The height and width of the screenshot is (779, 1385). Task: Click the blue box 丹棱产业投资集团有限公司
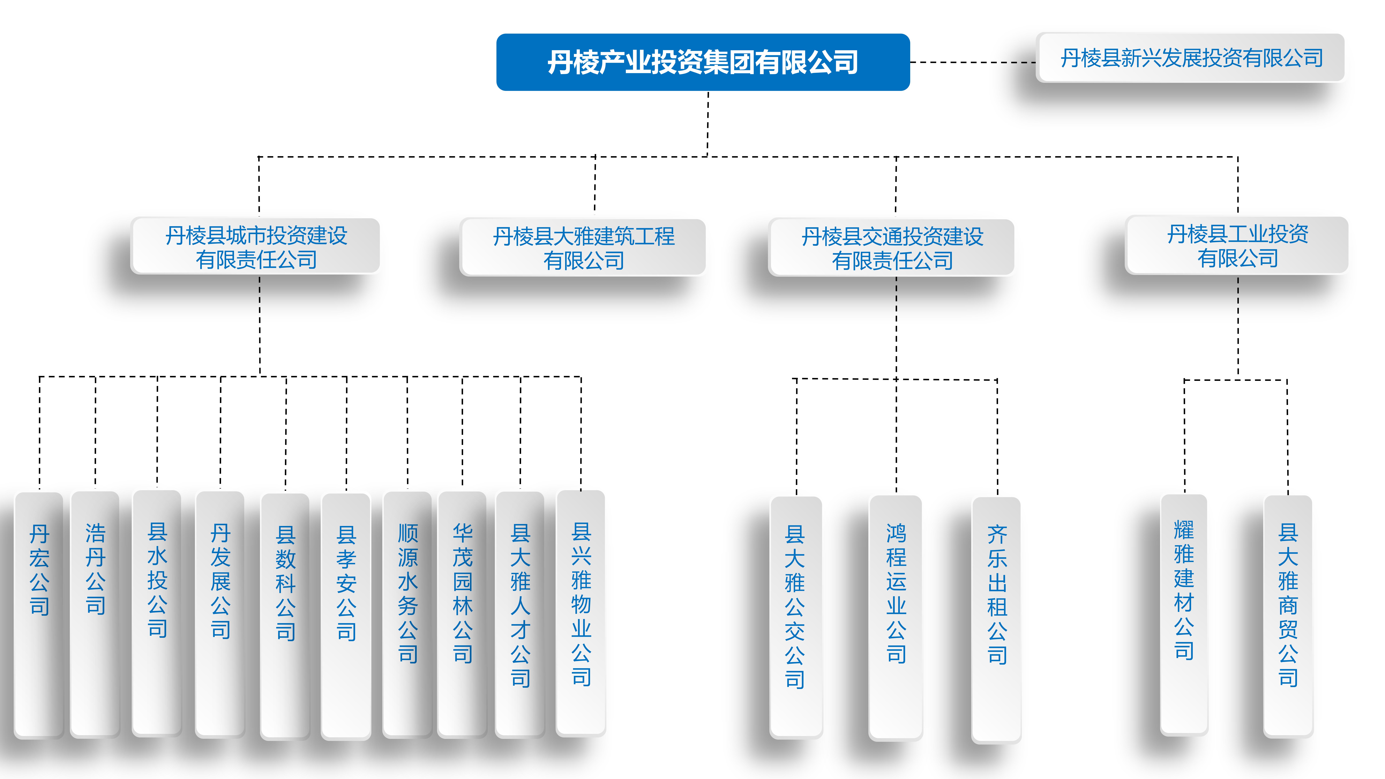click(703, 62)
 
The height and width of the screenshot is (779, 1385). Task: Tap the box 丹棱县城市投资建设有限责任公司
click(256, 247)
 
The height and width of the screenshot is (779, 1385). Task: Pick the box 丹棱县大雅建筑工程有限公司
click(583, 248)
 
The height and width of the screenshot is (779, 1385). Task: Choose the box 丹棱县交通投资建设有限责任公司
click(892, 248)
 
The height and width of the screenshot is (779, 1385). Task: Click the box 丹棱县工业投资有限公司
click(1237, 246)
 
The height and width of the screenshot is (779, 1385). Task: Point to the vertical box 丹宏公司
click(39, 613)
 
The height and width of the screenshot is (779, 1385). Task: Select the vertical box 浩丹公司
click(95, 613)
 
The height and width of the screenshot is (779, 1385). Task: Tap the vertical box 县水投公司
click(157, 613)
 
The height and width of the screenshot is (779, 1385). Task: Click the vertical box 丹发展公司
click(220, 613)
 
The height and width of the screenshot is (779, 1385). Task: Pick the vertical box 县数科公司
click(286, 616)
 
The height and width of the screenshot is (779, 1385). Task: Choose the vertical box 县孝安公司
click(346, 616)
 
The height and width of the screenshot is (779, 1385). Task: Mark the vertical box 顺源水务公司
click(408, 613)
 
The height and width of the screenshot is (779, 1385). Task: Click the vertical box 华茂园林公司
click(462, 613)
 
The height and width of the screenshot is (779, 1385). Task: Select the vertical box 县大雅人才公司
click(520, 613)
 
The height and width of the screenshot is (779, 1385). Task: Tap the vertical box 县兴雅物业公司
click(581, 613)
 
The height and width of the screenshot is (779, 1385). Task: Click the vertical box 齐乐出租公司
click(997, 618)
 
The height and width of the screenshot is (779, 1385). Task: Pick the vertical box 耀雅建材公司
click(1184, 613)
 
